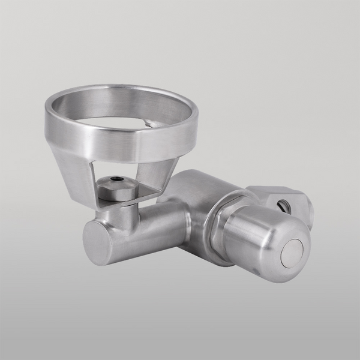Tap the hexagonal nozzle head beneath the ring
pos(116,191)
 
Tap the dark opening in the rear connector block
pos(283,206)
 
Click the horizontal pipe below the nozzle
pos(150,231)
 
